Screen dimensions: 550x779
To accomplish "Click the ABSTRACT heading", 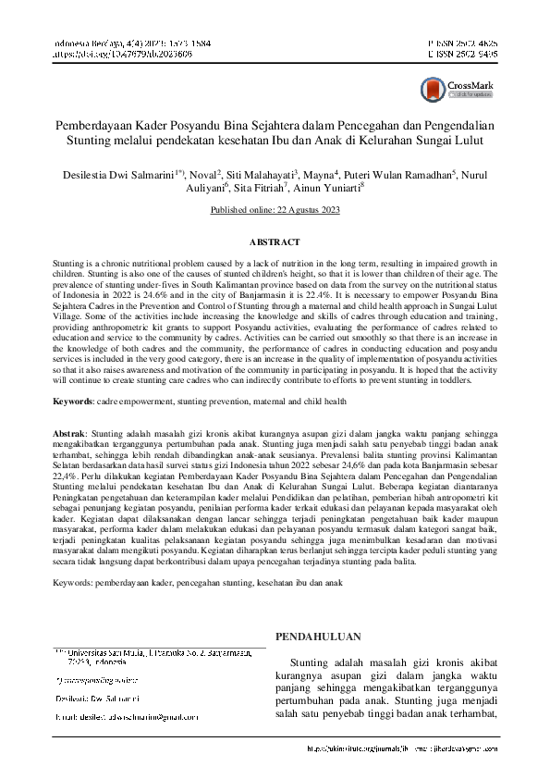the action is (x=275, y=242).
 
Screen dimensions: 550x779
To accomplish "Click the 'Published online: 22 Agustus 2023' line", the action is (x=275, y=211).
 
